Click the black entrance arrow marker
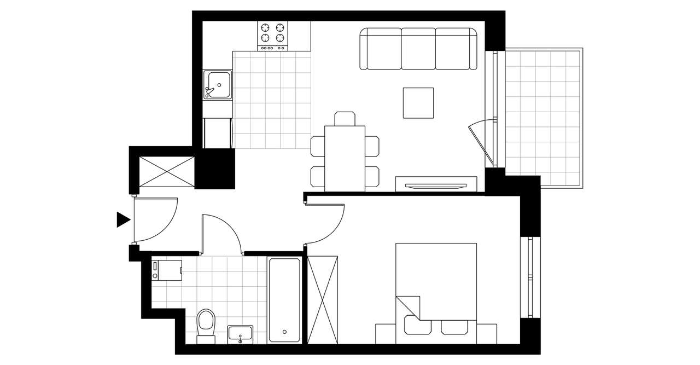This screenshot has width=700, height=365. click(123, 219)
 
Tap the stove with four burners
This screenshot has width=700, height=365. click(273, 36)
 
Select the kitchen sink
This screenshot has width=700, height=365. click(218, 85)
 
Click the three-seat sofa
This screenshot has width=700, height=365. click(418, 50)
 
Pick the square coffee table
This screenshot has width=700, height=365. click(418, 103)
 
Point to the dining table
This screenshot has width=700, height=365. click(345, 158)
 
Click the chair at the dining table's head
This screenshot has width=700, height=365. click(345, 118)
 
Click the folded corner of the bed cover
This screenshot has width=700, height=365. click(407, 306)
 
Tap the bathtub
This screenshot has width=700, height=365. click(284, 300)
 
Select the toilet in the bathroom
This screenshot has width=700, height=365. click(206, 324)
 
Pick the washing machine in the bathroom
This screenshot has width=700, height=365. click(167, 270)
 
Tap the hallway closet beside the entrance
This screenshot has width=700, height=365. click(167, 172)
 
